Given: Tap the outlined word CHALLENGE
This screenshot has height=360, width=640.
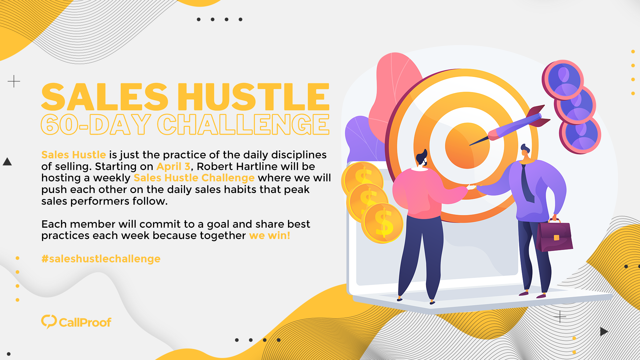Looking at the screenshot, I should [243, 125].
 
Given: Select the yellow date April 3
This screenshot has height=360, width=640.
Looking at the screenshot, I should [173, 166].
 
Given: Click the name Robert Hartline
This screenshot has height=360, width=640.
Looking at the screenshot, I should [237, 166].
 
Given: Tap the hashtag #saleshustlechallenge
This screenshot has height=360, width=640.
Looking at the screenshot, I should [101, 259].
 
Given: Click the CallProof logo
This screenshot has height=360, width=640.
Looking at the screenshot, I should [76, 322].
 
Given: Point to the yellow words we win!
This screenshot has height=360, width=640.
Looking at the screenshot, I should [270, 236].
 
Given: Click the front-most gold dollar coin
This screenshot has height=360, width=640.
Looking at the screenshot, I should [383, 223].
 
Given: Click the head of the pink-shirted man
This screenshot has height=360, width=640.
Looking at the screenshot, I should [422, 158].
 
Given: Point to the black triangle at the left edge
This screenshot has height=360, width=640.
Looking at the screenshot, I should [7, 162].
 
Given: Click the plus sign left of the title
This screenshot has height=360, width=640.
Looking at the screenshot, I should [14, 81].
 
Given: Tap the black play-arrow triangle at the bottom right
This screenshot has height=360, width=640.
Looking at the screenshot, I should [604, 331].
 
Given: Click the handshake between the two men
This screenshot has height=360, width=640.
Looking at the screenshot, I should [472, 187].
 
